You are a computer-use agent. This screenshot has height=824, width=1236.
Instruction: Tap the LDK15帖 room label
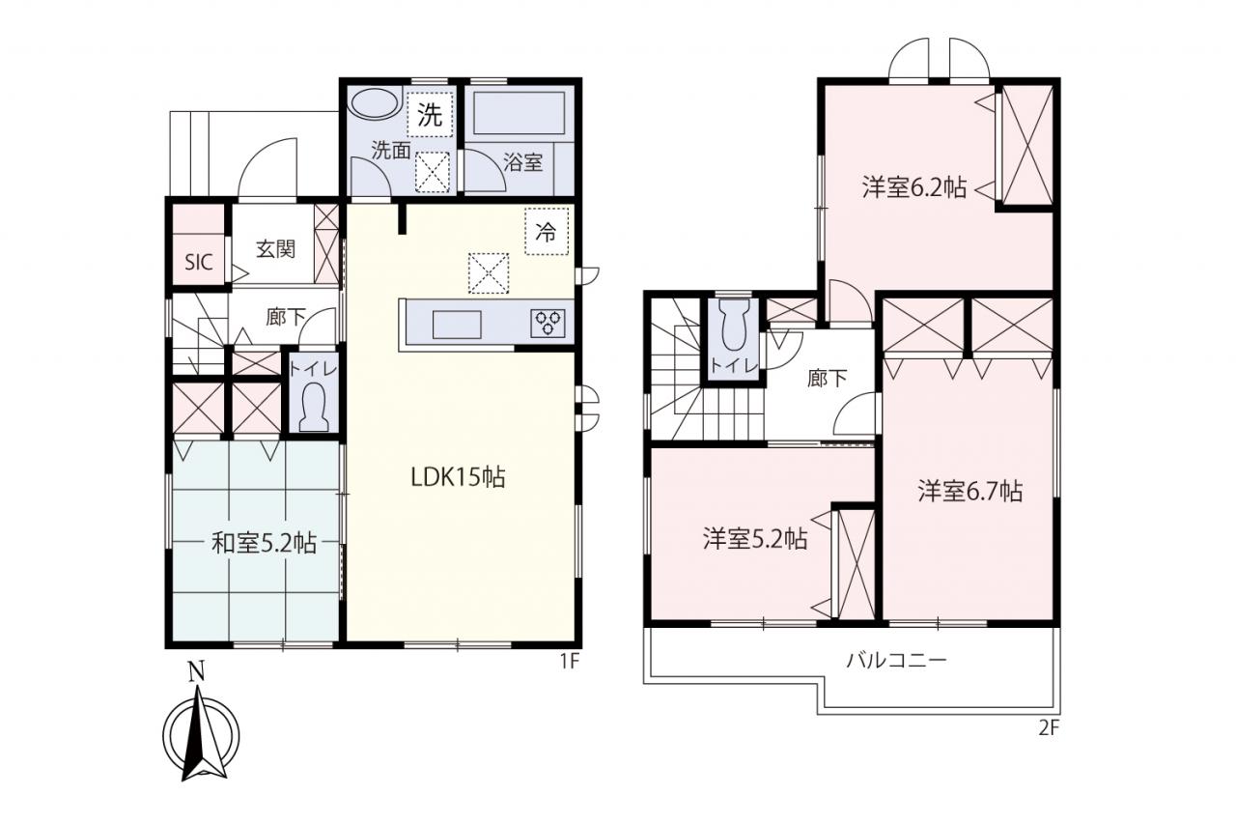click(x=458, y=477)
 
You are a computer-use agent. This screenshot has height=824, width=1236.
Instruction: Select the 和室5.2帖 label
click(x=265, y=543)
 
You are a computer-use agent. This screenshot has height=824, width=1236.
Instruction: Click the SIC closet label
click(x=199, y=262)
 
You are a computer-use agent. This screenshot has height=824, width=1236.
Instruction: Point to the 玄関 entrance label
click(x=275, y=249)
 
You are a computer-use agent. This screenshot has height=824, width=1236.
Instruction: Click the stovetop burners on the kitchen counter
click(x=548, y=324)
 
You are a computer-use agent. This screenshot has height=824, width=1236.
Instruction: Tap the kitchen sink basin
click(x=457, y=325)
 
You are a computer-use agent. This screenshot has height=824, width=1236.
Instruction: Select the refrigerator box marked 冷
click(x=547, y=232)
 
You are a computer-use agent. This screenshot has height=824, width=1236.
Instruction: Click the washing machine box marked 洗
click(x=430, y=115)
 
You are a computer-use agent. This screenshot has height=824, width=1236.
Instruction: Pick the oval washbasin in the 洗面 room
click(x=376, y=103)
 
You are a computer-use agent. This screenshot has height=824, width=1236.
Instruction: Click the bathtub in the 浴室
click(x=519, y=113)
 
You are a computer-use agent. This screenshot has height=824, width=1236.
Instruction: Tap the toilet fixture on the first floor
click(x=313, y=408)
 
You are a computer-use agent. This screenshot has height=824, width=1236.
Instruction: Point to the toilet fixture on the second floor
click(x=733, y=325)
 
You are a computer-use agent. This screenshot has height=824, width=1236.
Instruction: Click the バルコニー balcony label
click(x=897, y=660)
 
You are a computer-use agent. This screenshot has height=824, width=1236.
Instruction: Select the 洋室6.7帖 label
click(x=970, y=491)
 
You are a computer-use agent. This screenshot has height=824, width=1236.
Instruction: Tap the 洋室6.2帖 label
click(x=914, y=187)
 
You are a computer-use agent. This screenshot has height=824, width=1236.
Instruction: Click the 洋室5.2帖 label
click(x=755, y=539)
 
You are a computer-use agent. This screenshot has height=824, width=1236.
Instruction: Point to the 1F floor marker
click(x=570, y=661)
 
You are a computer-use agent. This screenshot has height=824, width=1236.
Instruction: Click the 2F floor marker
click(x=1049, y=728)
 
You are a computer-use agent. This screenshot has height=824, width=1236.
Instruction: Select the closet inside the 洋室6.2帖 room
click(x=1027, y=145)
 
